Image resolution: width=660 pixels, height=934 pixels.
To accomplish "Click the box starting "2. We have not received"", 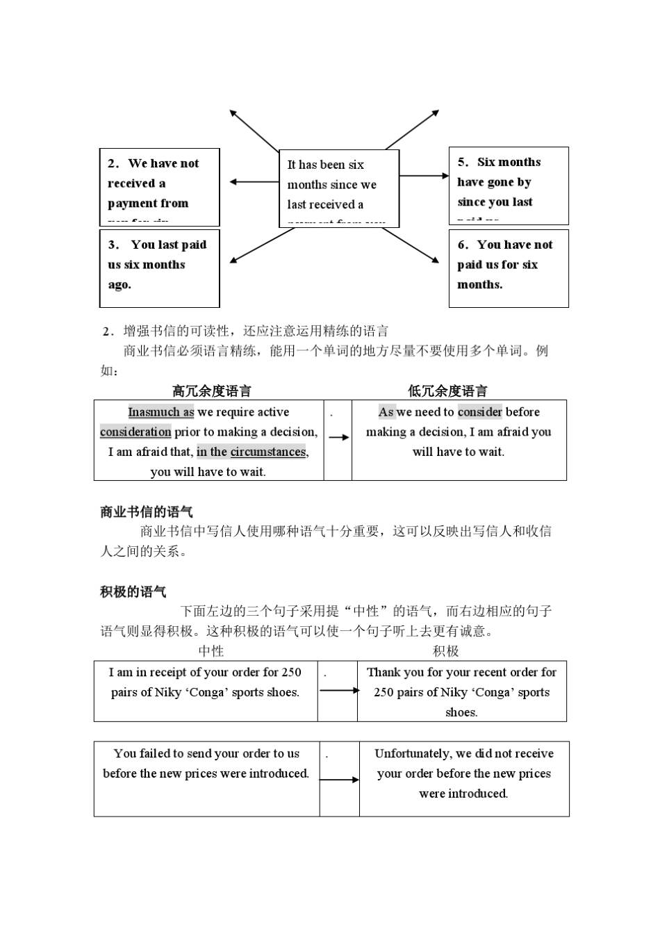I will [x=160, y=186].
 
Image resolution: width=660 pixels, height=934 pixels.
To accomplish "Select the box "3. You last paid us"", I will [x=160, y=268].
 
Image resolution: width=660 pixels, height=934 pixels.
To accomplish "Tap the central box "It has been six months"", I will [x=338, y=188].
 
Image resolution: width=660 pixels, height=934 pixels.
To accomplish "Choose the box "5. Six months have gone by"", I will [x=509, y=185].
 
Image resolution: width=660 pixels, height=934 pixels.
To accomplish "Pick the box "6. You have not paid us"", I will [x=509, y=268].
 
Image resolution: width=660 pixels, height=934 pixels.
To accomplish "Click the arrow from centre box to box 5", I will [x=424, y=176].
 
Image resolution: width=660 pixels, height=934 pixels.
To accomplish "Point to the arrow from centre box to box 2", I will [x=254, y=182].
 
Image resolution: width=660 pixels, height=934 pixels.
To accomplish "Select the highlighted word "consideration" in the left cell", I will [x=135, y=432].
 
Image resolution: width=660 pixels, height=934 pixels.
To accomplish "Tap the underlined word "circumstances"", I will [x=268, y=452].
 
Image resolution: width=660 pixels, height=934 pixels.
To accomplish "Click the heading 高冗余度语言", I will [x=212, y=391].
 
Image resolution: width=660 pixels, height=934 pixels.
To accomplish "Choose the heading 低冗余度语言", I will [x=447, y=391].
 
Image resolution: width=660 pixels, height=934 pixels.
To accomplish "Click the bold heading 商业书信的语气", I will [x=147, y=512].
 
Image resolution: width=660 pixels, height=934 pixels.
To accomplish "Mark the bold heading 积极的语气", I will [x=133, y=592].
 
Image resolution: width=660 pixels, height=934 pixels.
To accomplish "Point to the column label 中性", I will [x=211, y=651].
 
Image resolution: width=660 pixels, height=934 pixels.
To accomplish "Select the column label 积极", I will [x=446, y=651].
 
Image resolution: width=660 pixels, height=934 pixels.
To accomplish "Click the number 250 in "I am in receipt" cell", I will [x=291, y=672].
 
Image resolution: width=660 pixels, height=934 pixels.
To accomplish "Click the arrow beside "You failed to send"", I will [x=339, y=780].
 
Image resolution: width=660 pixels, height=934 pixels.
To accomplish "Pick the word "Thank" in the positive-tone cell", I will [x=383, y=672].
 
